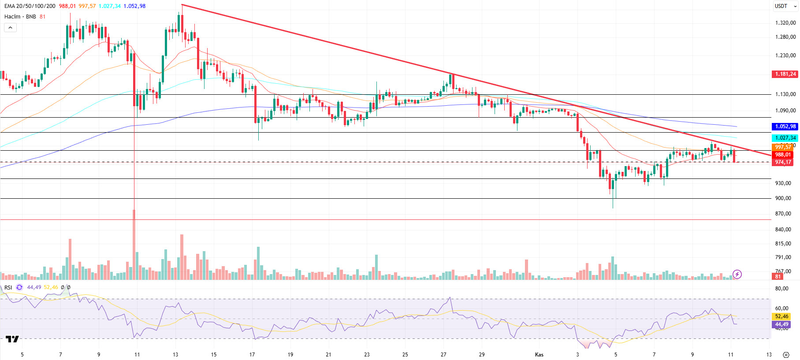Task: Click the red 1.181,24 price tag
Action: (x=785, y=74)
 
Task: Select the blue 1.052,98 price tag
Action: (x=785, y=126)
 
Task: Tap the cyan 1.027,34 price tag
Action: (x=785, y=138)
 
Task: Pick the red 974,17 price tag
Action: (x=783, y=162)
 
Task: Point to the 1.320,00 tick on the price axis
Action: (x=785, y=23)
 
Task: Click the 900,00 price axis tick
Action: (x=783, y=198)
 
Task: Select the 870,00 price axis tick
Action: (x=783, y=214)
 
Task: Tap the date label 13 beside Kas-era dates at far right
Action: (x=769, y=355)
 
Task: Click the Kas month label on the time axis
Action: (x=539, y=355)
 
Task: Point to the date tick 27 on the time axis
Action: (x=443, y=355)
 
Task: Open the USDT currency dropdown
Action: (x=786, y=6)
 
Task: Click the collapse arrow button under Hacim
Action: (x=10, y=27)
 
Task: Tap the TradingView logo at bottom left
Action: (x=12, y=339)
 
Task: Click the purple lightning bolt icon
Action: (x=737, y=275)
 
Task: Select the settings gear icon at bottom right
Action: (x=786, y=355)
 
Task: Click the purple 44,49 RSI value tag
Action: (x=781, y=324)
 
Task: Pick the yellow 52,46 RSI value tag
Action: (x=781, y=316)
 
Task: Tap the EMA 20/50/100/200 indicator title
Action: (x=30, y=6)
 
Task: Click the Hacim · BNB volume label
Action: (x=20, y=17)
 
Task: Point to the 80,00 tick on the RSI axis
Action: (x=782, y=289)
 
